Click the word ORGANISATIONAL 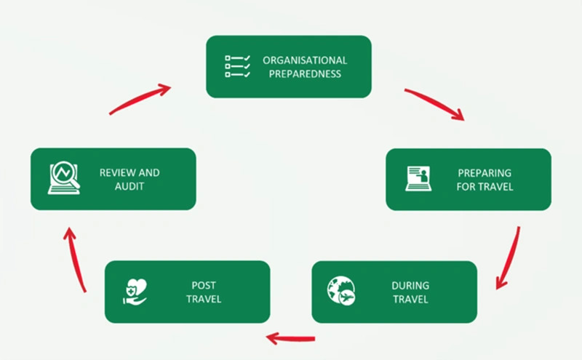pos(305,60)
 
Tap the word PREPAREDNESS pos(305,74)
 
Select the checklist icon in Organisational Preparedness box pos(238,66)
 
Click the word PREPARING pos(485,173)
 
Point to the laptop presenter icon pos(418,178)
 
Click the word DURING pos(410,285)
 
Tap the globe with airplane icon pos(341,291)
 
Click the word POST pos(204,285)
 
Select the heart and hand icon pos(135,292)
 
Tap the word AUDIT pos(129,186)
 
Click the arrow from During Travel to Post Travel pos(290,338)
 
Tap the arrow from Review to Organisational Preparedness pos(140,98)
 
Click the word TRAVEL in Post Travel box pos(204,299)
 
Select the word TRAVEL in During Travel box pos(410,299)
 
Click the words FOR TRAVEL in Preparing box pos(485,187)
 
